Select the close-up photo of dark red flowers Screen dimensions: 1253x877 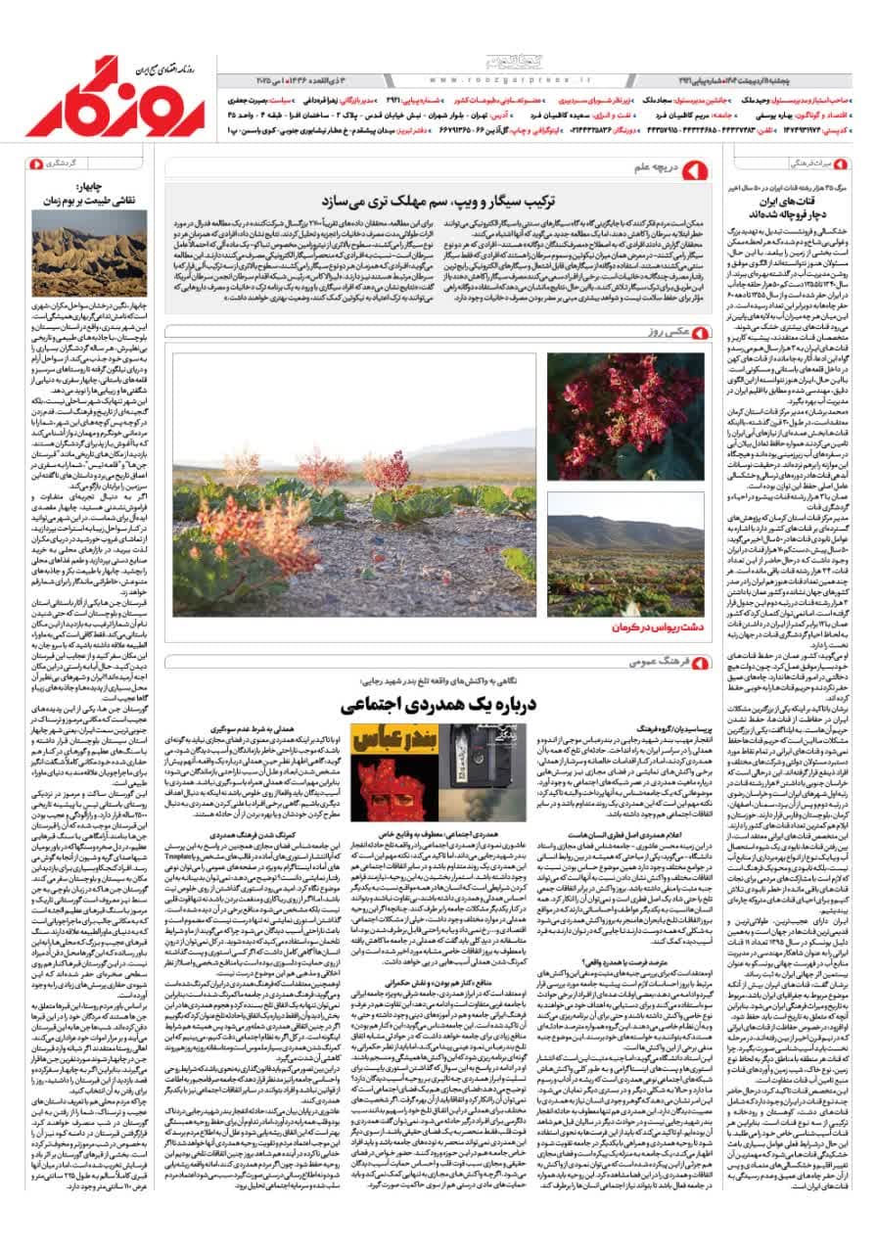624,417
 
